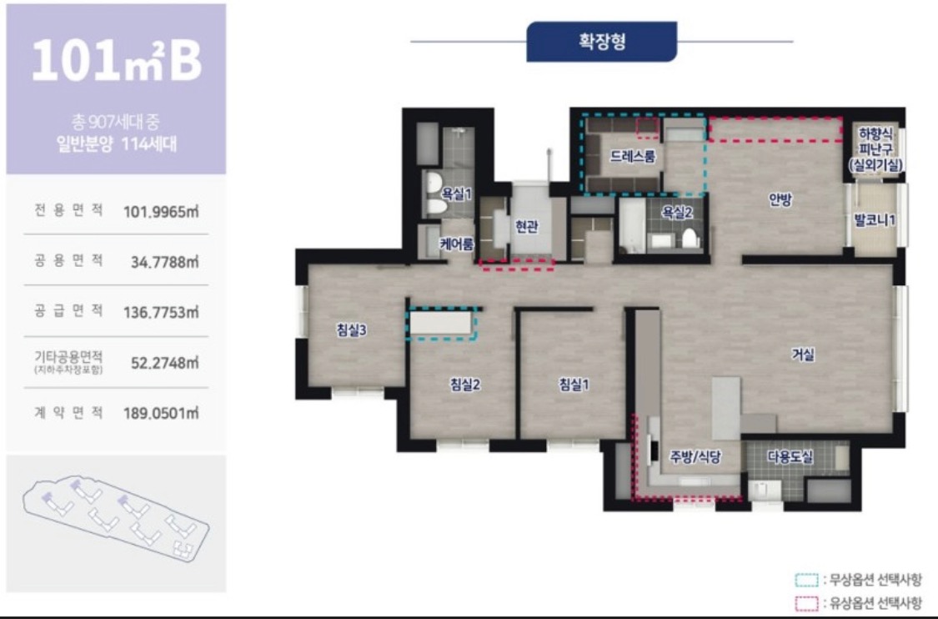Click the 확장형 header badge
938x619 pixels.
click(601, 42)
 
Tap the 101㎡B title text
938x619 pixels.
click(117, 60)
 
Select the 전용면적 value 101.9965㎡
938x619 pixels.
click(161, 212)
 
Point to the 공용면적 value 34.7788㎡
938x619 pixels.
click(164, 262)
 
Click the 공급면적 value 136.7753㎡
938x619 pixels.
click(161, 313)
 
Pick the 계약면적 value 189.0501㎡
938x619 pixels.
click(161, 414)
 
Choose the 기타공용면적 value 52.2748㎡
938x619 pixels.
click(164, 364)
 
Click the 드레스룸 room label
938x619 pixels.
click(632, 157)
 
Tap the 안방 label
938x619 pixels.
click(780, 199)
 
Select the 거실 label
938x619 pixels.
click(803, 355)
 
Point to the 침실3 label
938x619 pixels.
click(351, 330)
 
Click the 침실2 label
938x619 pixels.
click(464, 385)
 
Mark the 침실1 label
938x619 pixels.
click(574, 385)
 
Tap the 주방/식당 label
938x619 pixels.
click(695, 457)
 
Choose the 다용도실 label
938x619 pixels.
click(790, 457)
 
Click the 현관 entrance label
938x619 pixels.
click(526, 227)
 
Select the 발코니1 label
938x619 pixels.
click(875, 219)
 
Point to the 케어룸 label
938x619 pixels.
click(456, 244)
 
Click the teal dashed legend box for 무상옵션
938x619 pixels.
click(806, 580)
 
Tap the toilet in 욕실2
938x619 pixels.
click(690, 239)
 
